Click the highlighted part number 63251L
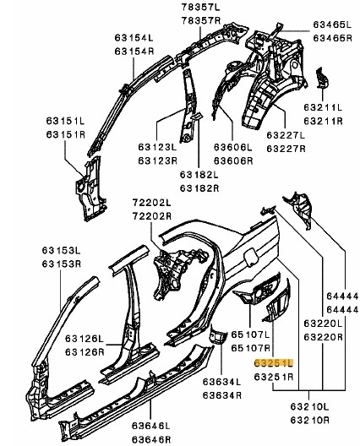(273, 363)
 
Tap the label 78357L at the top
(201, 8)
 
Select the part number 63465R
(332, 38)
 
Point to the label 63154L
(134, 37)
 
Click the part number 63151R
(66, 134)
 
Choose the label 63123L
(157, 147)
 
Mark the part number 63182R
(199, 188)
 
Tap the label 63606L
(233, 147)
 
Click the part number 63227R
(286, 149)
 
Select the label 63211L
(323, 107)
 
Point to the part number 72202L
(151, 203)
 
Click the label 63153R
(62, 264)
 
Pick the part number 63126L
(85, 339)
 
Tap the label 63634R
(222, 395)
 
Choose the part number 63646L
(150, 426)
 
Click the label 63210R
(309, 420)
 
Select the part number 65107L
(250, 334)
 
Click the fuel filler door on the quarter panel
(251, 257)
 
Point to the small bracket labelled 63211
(322, 79)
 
